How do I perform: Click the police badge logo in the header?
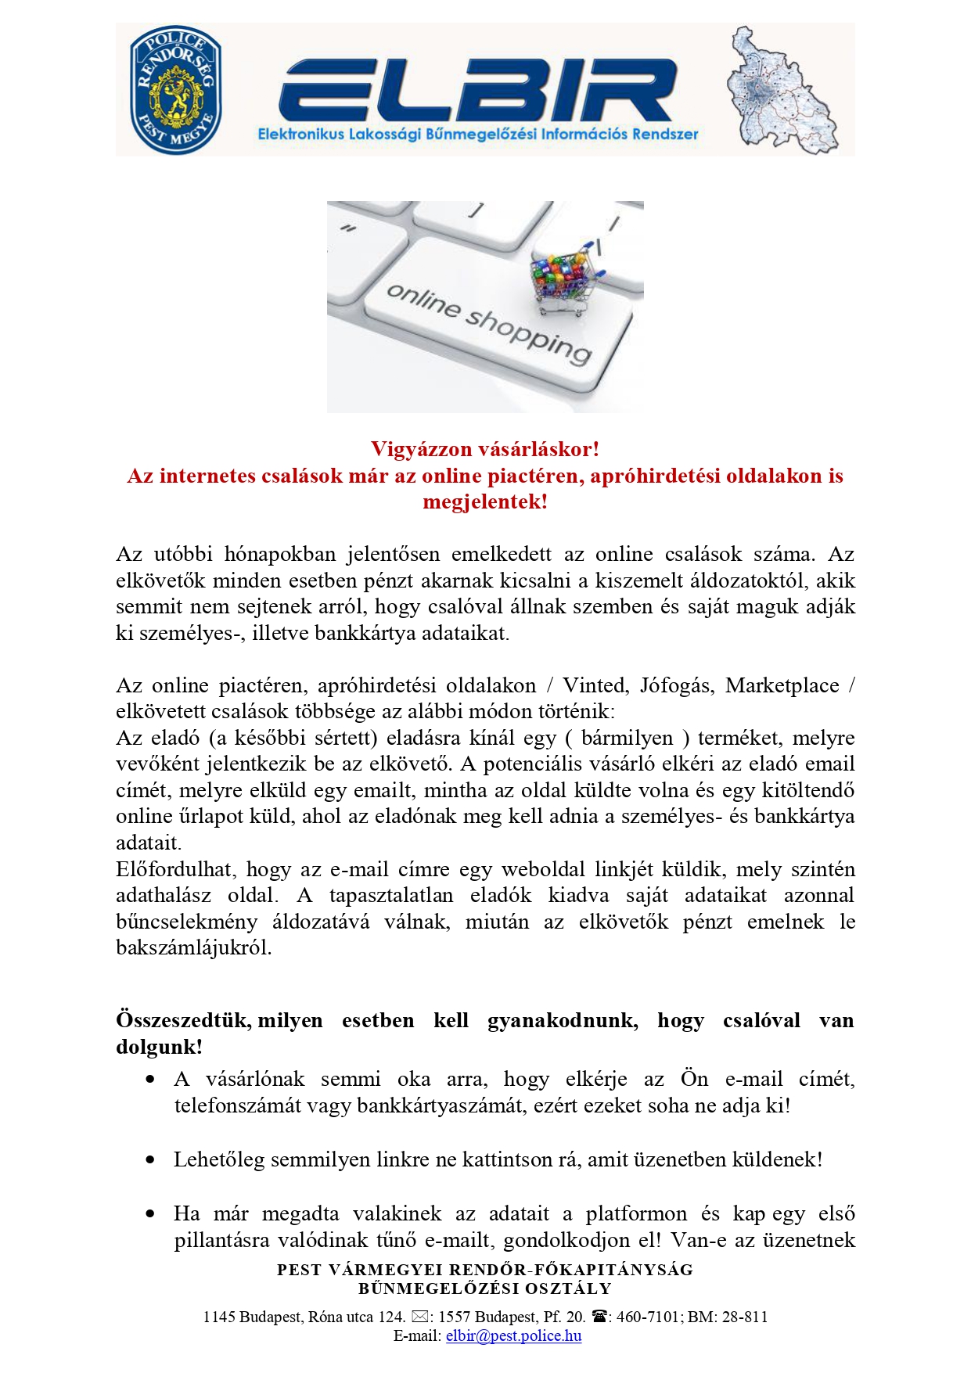click(x=176, y=90)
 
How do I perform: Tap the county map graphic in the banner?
click(x=780, y=90)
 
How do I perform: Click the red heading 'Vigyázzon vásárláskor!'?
click(x=485, y=449)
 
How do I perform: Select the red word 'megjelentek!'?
click(x=485, y=501)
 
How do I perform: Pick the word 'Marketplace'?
click(x=782, y=685)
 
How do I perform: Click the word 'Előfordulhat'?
click(x=174, y=869)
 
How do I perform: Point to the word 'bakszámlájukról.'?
click(x=193, y=948)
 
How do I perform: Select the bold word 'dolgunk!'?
click(x=159, y=1047)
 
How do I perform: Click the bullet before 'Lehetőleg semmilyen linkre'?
click(x=150, y=1159)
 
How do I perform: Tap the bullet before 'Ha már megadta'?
click(x=150, y=1213)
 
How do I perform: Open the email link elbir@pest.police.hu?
click(x=513, y=1335)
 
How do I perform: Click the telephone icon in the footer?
click(x=599, y=1317)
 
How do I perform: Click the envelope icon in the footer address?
click(x=419, y=1317)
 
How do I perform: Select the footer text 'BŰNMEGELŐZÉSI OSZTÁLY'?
click(x=485, y=1288)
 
